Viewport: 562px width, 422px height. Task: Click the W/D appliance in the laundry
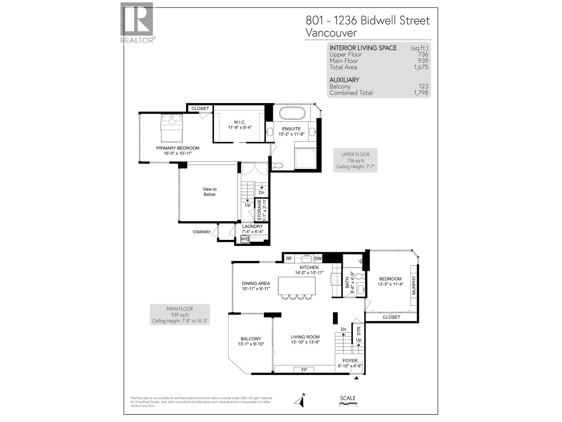click(245, 239)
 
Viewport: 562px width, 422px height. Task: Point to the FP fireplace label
click(304, 370)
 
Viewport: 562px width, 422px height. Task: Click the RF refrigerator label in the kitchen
click(289, 258)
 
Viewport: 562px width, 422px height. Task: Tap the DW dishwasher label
click(318, 258)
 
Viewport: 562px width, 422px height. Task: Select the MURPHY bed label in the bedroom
click(414, 286)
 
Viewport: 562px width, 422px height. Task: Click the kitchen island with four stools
click(297, 286)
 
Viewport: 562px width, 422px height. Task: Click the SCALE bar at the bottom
click(348, 405)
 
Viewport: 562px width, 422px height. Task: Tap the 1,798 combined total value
click(421, 93)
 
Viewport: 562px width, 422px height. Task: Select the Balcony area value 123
click(423, 87)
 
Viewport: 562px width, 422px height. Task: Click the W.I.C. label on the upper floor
click(240, 122)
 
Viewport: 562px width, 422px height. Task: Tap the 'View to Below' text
click(209, 192)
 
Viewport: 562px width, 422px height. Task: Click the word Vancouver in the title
click(331, 33)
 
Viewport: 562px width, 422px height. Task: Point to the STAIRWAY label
click(202, 232)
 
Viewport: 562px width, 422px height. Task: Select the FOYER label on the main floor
click(350, 361)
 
